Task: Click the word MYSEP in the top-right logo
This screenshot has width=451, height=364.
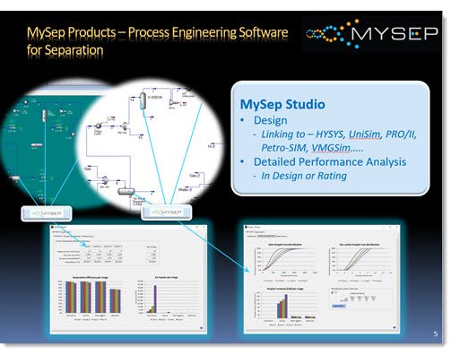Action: click(394, 35)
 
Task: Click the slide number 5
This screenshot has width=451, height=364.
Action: click(435, 334)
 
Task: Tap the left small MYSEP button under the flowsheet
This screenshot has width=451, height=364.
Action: click(52, 213)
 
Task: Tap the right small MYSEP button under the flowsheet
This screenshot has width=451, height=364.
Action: click(152, 213)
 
